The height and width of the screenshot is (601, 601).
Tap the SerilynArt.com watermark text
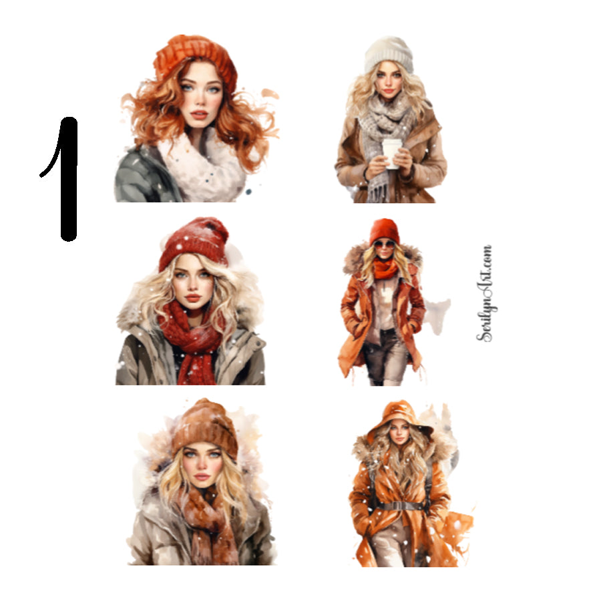click(485, 294)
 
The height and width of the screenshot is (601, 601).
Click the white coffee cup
click(392, 153)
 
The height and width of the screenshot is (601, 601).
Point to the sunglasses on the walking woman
click(384, 244)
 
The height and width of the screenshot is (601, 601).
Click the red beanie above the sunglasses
click(384, 230)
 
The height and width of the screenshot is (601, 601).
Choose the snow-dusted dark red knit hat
click(194, 242)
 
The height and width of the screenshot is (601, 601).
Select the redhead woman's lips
click(199, 115)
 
